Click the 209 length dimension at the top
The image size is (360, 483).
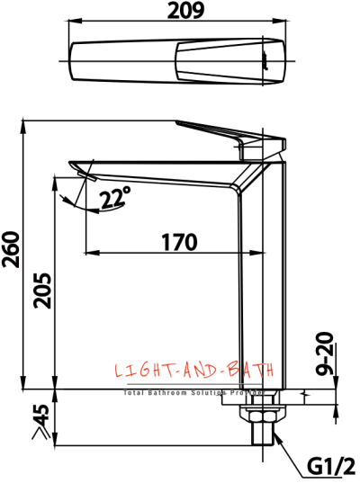click(x=179, y=11)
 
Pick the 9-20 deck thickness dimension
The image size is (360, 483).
click(x=326, y=354)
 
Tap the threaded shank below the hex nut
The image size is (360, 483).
click(x=261, y=437)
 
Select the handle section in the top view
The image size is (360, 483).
click(x=234, y=61)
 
